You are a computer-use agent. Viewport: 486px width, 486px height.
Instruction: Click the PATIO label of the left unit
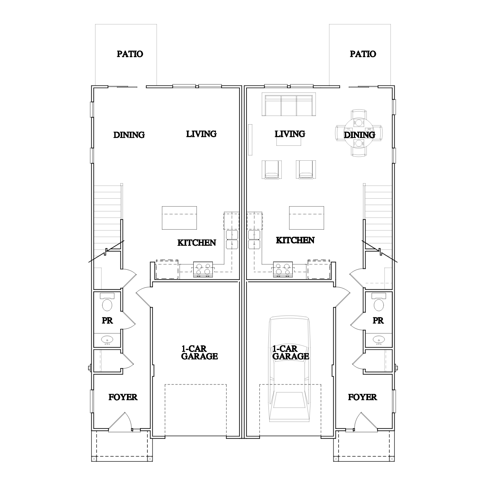click(x=130, y=54)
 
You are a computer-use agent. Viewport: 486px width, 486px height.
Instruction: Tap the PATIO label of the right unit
click(x=363, y=54)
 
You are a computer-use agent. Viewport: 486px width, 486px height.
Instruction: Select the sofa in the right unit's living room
click(x=289, y=104)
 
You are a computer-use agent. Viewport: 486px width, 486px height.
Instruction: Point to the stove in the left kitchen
click(x=203, y=269)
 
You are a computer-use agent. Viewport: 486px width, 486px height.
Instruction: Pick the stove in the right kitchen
click(x=283, y=269)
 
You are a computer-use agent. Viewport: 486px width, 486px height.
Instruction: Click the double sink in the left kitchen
click(x=232, y=239)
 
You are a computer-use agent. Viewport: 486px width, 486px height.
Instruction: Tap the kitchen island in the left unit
click(x=180, y=218)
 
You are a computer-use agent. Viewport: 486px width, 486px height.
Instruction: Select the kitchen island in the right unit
click(x=306, y=218)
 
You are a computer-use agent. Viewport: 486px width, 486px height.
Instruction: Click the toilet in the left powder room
click(x=107, y=302)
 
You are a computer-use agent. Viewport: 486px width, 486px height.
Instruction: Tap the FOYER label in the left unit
click(x=123, y=397)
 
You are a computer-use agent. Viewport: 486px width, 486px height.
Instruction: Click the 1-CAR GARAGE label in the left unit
click(x=199, y=353)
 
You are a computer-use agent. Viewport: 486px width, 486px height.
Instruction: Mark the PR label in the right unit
click(x=378, y=321)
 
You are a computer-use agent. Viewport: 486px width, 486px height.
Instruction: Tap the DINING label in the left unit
click(x=129, y=135)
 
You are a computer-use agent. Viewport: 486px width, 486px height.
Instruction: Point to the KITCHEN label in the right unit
click(x=296, y=240)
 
